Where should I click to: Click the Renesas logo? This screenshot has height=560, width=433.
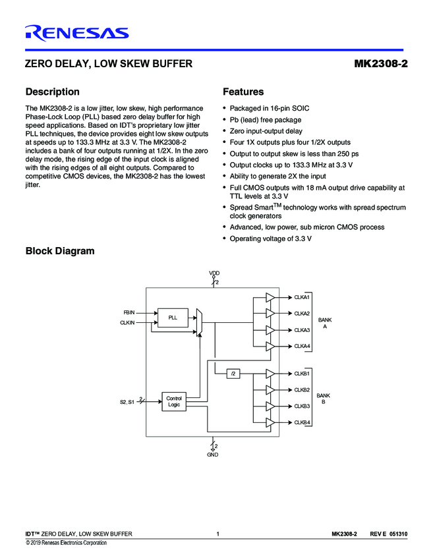(76, 32)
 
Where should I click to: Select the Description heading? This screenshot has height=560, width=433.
(52, 92)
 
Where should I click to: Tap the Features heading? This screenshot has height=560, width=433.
(243, 92)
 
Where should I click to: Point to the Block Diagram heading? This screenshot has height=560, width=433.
(59, 251)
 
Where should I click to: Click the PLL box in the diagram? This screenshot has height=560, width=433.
(173, 318)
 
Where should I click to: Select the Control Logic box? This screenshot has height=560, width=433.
(173, 401)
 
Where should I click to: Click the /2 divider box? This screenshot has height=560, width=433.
(233, 374)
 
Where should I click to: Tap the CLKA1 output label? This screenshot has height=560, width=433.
(302, 298)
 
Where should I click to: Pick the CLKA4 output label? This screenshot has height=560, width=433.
(302, 346)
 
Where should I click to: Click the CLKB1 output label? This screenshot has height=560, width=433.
(302, 374)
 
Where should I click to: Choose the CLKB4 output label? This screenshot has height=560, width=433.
(302, 422)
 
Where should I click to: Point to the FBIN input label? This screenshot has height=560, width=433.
(129, 312)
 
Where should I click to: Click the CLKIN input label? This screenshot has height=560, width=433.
(127, 323)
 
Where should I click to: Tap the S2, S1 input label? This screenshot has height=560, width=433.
(127, 401)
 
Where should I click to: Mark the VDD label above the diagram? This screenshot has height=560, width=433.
(214, 273)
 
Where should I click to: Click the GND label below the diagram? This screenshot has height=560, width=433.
(212, 455)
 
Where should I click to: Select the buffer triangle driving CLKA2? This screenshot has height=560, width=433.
(270, 314)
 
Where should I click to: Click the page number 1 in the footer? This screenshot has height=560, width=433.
(217, 533)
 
